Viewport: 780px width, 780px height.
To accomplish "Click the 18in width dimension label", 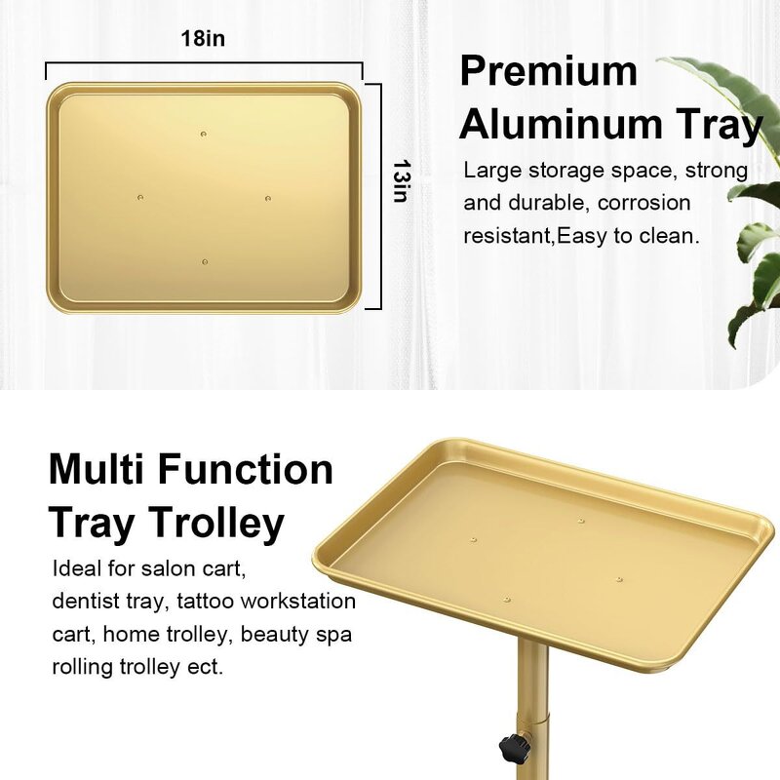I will [203, 40].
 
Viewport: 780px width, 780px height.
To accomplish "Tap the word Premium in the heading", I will [548, 72].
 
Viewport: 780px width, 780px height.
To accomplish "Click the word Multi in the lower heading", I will [97, 470].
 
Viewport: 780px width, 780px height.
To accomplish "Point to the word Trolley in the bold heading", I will [216, 523].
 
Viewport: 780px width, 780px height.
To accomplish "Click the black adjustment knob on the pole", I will [514, 749].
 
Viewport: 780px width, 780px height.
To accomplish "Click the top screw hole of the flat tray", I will [203, 134].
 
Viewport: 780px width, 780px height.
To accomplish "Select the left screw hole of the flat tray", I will [139, 197].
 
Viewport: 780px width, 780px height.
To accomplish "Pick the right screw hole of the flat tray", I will [268, 198].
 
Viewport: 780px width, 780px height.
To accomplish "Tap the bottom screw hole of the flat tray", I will [205, 261].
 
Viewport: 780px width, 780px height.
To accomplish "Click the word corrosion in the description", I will [644, 203].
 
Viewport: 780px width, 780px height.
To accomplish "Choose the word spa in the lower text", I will [331, 635].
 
